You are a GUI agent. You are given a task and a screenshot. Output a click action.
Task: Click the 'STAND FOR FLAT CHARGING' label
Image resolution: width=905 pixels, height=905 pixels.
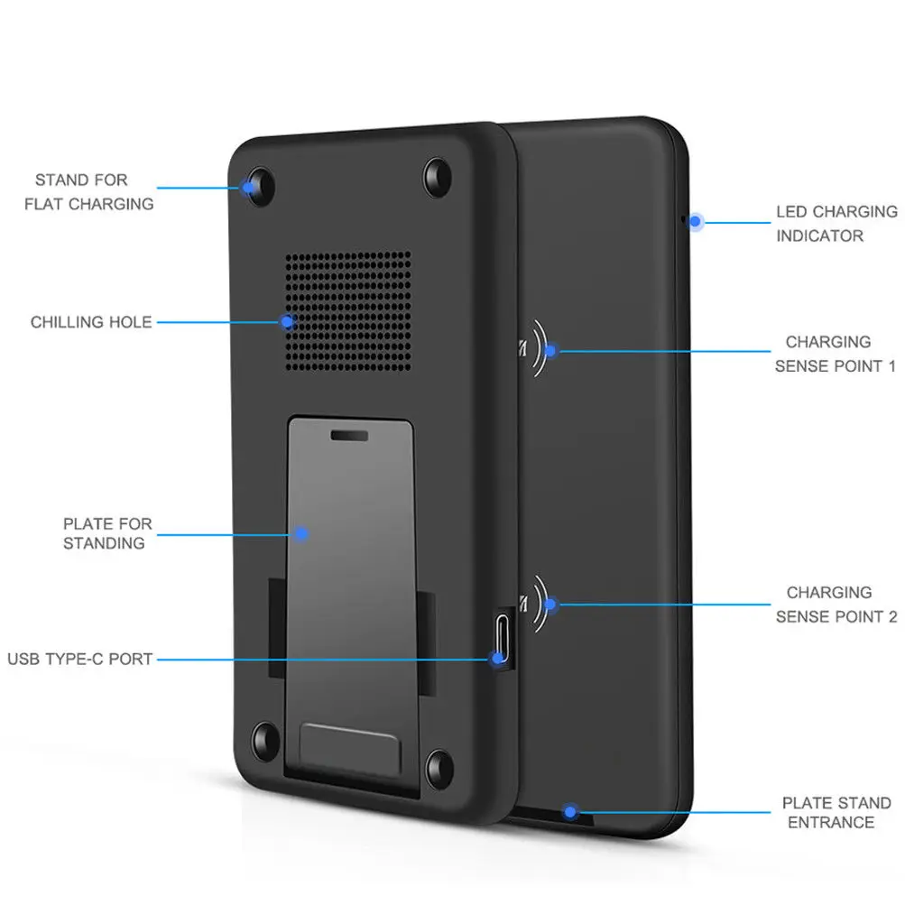pyautogui.click(x=88, y=192)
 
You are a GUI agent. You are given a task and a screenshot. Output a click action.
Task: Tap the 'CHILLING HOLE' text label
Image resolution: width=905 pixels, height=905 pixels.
pyautogui.click(x=91, y=322)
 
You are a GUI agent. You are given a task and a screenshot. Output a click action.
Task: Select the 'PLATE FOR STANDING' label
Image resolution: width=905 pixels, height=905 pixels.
pyautogui.click(x=107, y=533)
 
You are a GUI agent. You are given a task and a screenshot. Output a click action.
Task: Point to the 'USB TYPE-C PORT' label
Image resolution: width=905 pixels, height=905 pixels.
pyautogui.click(x=80, y=660)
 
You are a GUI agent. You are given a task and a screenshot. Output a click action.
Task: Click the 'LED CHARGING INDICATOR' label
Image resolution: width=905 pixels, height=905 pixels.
pyautogui.click(x=836, y=224)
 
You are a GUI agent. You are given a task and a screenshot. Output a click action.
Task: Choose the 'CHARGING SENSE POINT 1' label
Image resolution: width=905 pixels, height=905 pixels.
pyautogui.click(x=835, y=355)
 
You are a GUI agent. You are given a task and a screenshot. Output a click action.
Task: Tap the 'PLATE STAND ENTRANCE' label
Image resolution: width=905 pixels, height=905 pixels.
pyautogui.click(x=836, y=812)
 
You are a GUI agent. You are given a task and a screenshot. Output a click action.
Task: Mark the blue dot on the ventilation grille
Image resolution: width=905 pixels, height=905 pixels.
pyautogui.click(x=287, y=321)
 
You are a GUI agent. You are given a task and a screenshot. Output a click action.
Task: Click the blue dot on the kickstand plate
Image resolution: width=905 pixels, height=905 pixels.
pyautogui.click(x=301, y=533)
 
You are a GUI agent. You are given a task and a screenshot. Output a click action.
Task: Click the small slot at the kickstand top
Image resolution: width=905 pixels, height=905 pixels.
pyautogui.click(x=349, y=434)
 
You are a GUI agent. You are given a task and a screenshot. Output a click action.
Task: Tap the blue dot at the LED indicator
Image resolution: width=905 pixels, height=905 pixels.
pyautogui.click(x=695, y=220)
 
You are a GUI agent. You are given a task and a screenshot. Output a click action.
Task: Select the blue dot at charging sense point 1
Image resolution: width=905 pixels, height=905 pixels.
pyautogui.click(x=552, y=350)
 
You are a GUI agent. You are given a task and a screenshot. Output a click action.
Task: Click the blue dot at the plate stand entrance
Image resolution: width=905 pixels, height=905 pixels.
pyautogui.click(x=569, y=810)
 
